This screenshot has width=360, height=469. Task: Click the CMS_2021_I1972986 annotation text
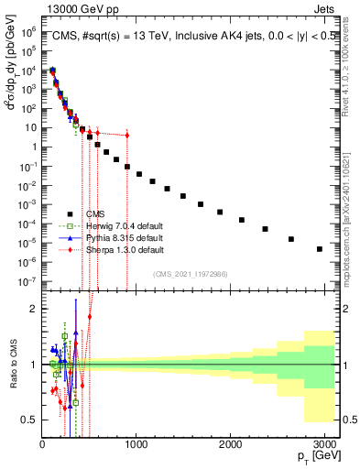tap(190, 274)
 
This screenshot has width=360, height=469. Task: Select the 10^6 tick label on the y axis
tap(27, 30)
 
